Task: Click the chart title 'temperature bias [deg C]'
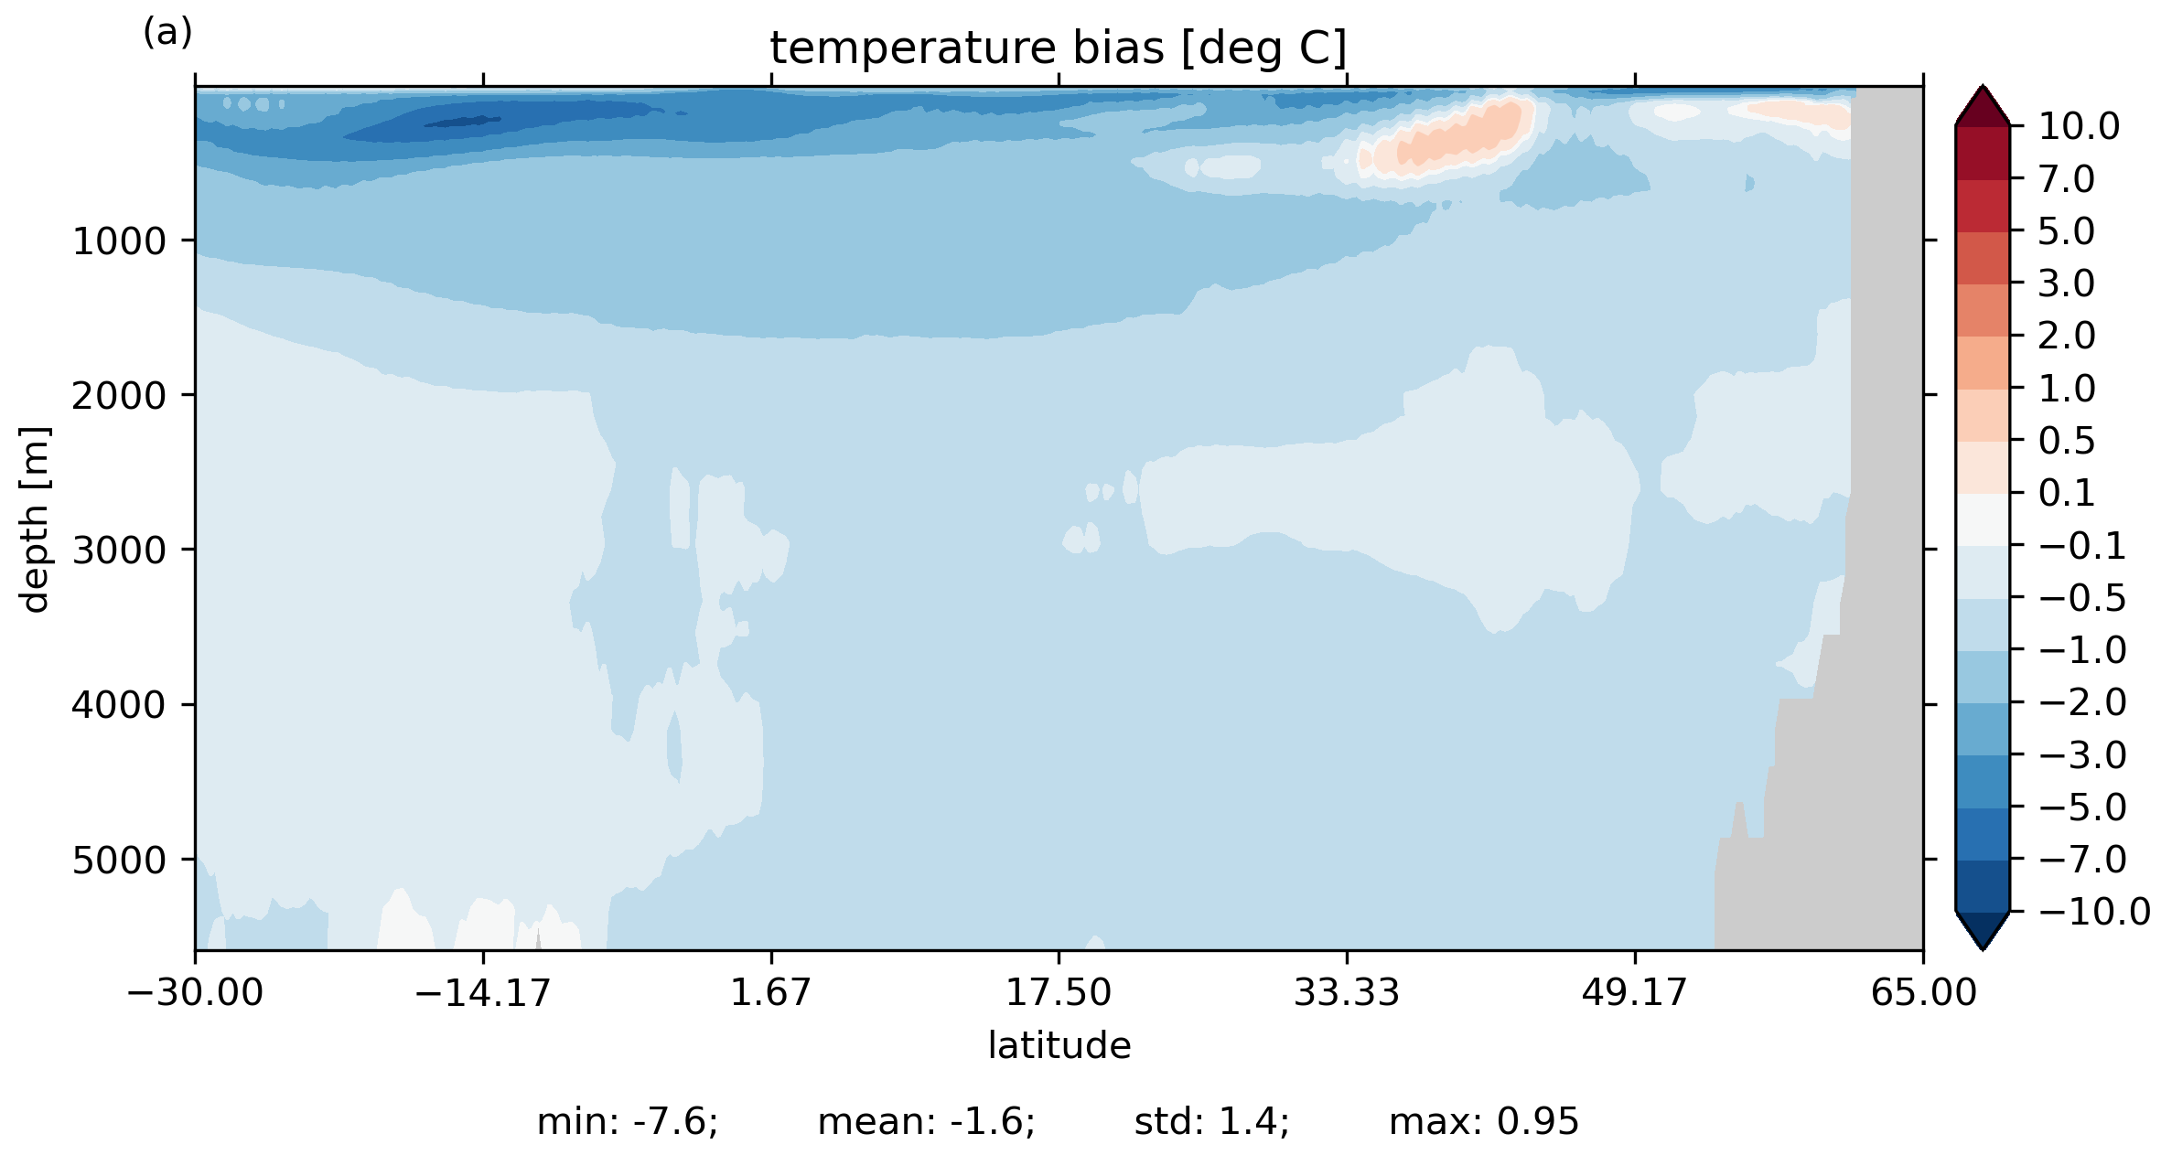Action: coord(1059,48)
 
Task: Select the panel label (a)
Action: coord(167,32)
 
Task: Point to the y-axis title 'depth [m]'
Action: coord(35,519)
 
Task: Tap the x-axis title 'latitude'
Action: coord(1059,1045)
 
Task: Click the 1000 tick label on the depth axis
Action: coord(120,241)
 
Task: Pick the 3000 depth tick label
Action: coord(120,551)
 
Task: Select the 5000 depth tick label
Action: coord(120,861)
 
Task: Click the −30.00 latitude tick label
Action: coord(195,992)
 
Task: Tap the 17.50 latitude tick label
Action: coord(1059,992)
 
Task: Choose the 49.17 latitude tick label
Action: coord(1634,992)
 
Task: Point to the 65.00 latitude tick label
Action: coord(1923,992)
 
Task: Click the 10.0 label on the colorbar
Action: coord(2079,126)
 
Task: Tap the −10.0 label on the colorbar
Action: coord(2094,912)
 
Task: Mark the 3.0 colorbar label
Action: coord(2066,283)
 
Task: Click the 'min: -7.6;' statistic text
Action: coord(628,1122)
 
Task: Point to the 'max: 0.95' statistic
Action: coord(1484,1122)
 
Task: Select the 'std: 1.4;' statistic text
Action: coord(1212,1122)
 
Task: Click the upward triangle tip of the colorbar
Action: coord(1983,86)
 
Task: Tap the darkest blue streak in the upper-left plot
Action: coord(462,122)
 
